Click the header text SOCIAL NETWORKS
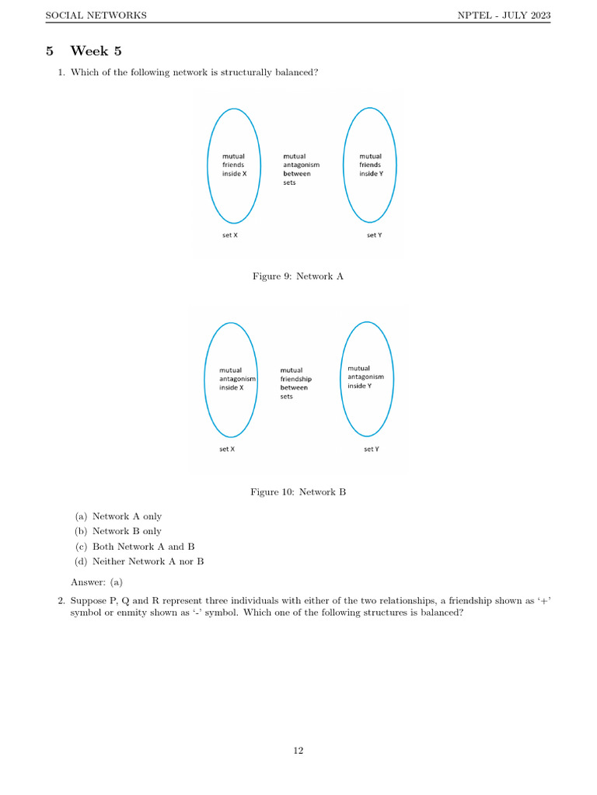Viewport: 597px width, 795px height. coord(96,16)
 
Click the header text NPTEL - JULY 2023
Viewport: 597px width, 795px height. coord(503,16)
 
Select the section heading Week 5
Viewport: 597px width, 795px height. coord(96,51)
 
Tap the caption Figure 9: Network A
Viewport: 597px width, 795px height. coord(298,276)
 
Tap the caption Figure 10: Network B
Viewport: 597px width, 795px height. coord(298,491)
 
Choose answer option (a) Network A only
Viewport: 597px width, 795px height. coord(118,516)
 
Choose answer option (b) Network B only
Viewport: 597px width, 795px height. coord(118,531)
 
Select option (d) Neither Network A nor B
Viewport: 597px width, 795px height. coord(139,561)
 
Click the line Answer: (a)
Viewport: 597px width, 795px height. coord(96,581)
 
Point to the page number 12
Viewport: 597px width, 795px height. coord(298,750)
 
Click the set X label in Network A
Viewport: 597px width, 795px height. coord(230,234)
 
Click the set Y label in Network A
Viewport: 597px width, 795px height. coord(374,234)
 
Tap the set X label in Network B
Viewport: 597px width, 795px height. coord(227,450)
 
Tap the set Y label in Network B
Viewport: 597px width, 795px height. coord(372,450)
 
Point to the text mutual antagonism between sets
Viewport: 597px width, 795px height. coord(300,169)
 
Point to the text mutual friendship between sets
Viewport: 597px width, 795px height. coord(295,384)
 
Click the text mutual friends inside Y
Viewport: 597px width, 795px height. coord(371,165)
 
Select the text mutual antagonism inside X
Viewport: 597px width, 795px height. coord(236,379)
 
